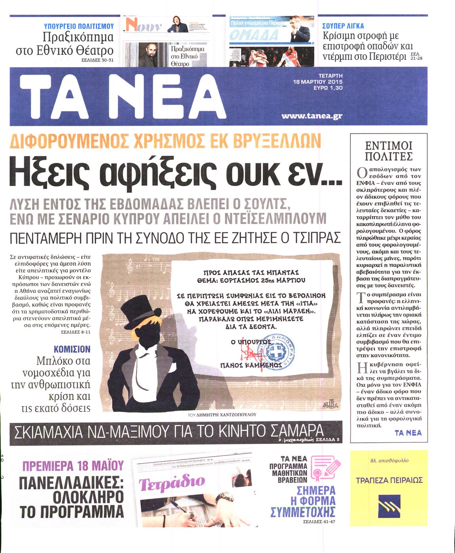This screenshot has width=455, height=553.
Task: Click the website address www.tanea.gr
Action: pyautogui.click(x=311, y=116)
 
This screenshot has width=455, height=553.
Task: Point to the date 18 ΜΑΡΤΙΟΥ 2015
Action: pyautogui.click(x=317, y=81)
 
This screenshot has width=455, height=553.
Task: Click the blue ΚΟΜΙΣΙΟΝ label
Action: pyautogui.click(x=72, y=349)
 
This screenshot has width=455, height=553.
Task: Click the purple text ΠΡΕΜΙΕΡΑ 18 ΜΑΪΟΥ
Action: pyautogui.click(x=73, y=465)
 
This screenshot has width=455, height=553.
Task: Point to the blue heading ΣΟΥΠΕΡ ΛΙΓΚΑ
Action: pyautogui.click(x=343, y=26)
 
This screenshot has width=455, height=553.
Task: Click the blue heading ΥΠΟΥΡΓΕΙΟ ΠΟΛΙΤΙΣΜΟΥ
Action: pyautogui.click(x=79, y=26)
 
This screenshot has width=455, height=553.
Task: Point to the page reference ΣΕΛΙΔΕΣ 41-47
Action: pyautogui.click(x=319, y=521)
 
